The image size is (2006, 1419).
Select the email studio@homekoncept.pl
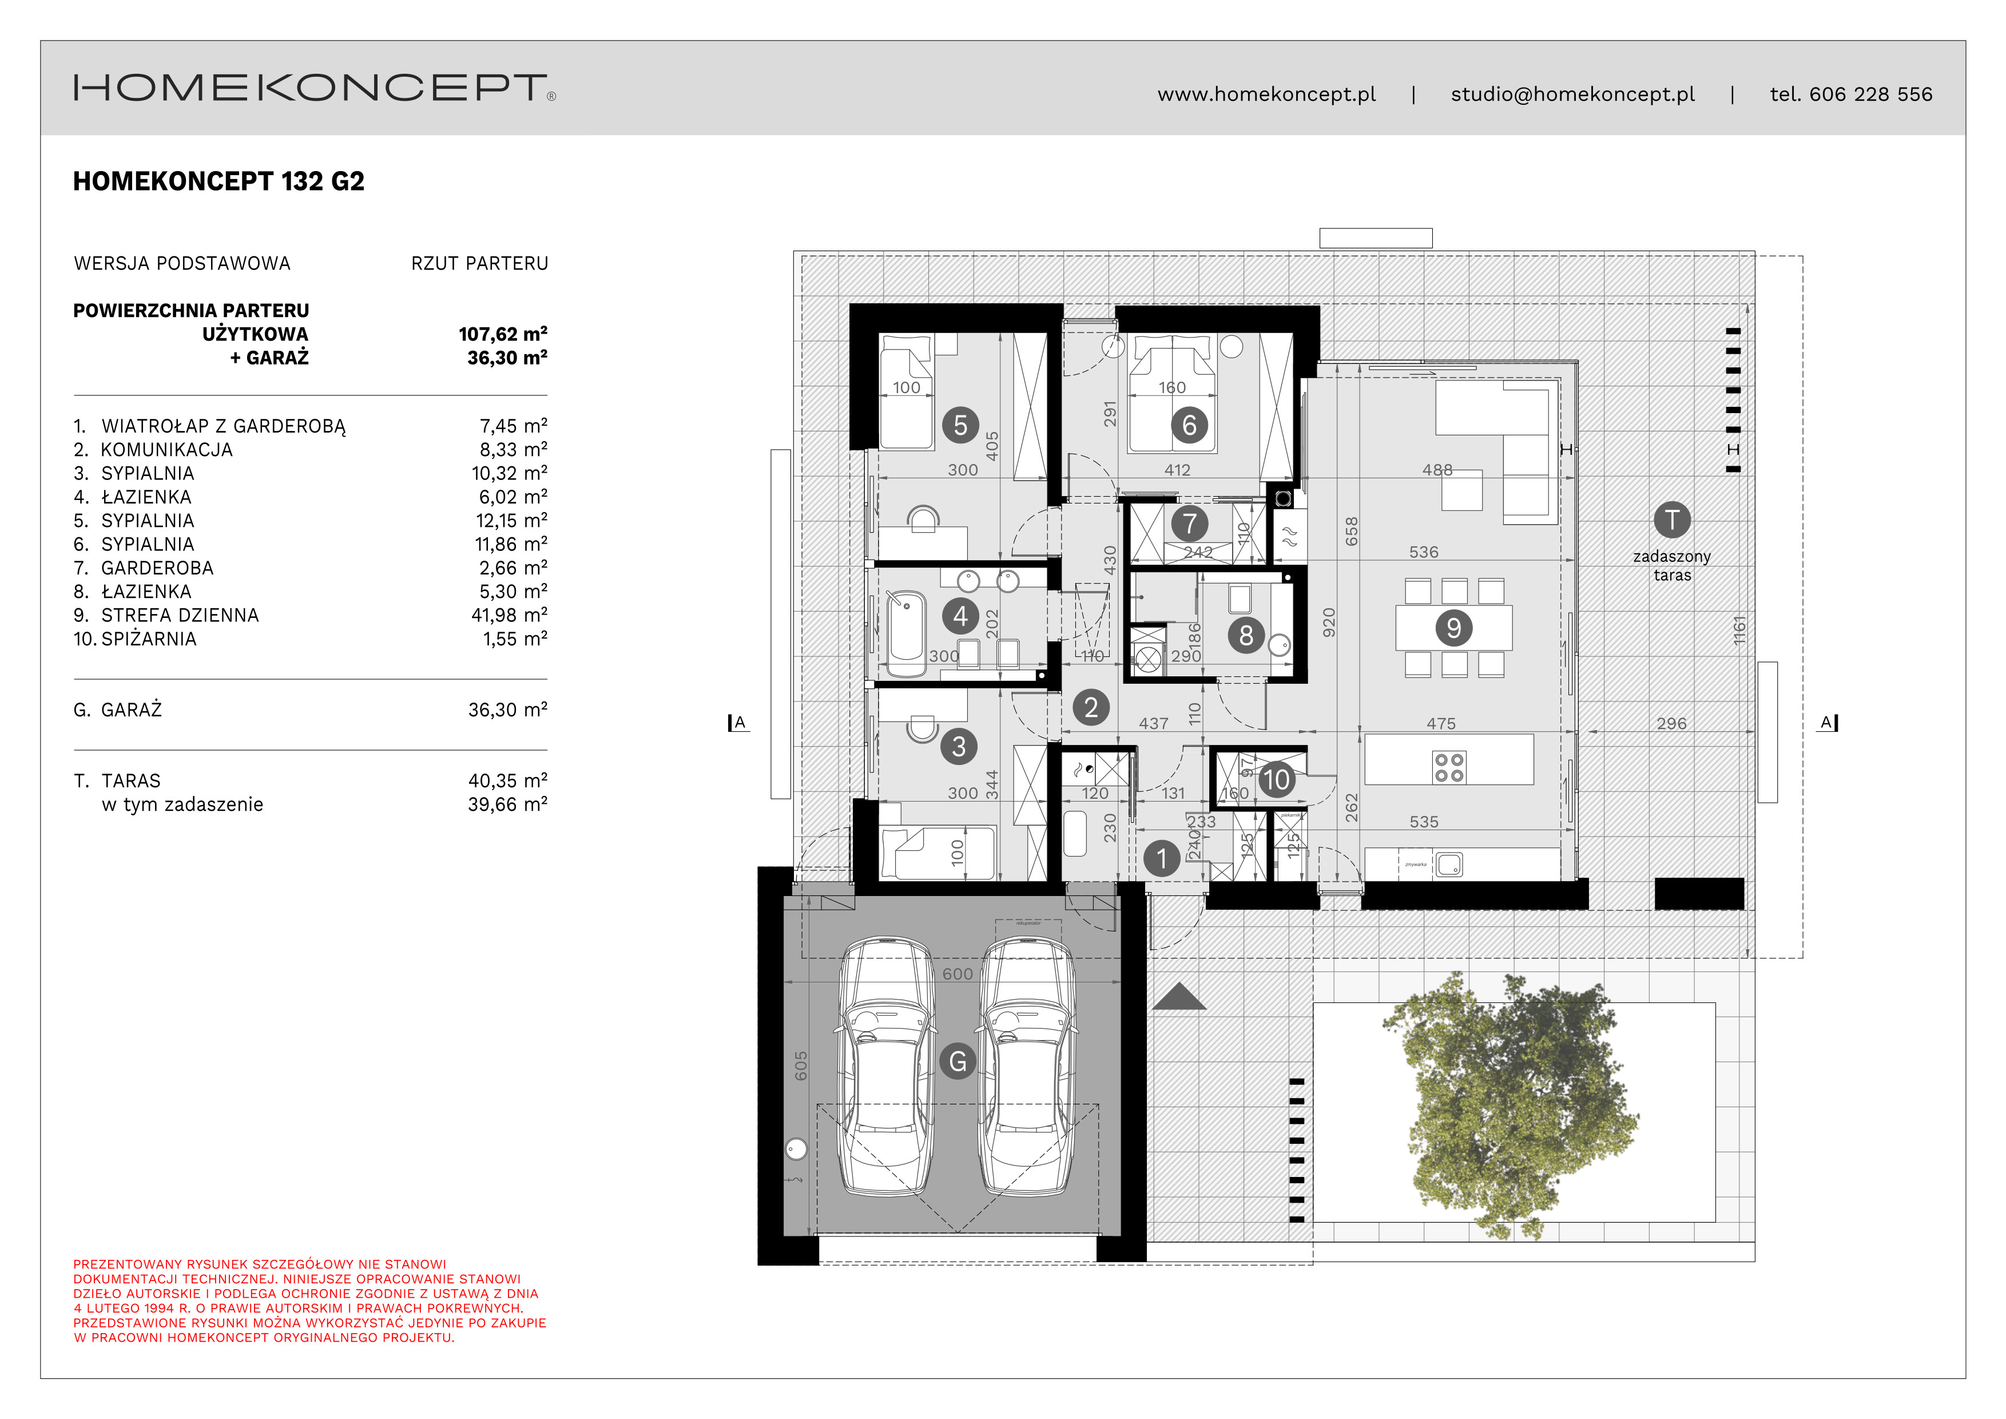(x=1572, y=94)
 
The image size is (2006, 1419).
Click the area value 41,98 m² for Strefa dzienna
(x=509, y=615)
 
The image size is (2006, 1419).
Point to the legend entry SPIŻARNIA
(x=149, y=639)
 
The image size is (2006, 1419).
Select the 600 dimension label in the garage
(x=957, y=973)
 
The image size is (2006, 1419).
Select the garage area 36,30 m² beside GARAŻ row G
(x=507, y=709)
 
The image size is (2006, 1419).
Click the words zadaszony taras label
(x=1671, y=565)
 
